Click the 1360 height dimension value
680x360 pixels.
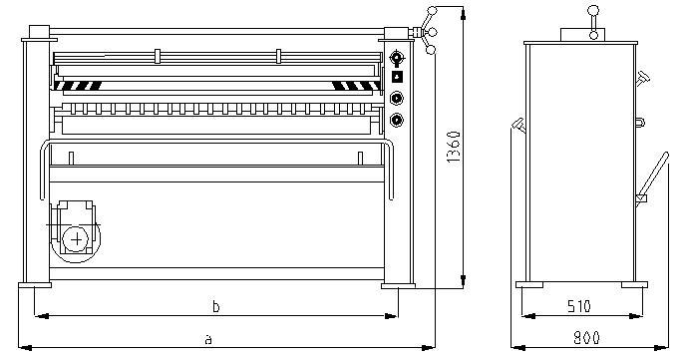(x=454, y=147)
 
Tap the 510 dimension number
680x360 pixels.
(x=579, y=307)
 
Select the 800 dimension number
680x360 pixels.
(x=586, y=338)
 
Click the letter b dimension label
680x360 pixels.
(x=216, y=307)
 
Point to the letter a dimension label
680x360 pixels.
(x=208, y=339)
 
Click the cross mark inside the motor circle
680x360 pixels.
(x=77, y=239)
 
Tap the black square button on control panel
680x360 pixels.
(x=397, y=77)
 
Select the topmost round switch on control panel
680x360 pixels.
(x=397, y=57)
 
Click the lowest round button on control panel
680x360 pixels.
(x=397, y=120)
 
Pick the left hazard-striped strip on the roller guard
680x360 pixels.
(x=79, y=86)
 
